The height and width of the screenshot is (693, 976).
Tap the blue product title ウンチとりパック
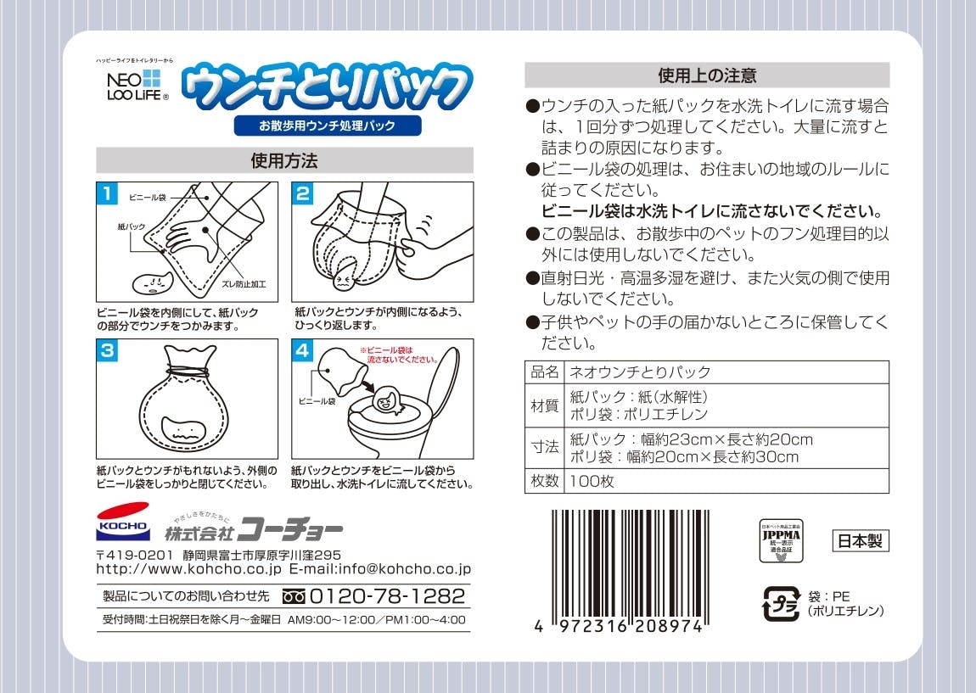pyautogui.click(x=328, y=87)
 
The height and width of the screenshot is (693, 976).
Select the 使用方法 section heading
pyautogui.click(x=284, y=160)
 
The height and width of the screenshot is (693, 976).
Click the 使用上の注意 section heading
pyautogui.click(x=707, y=75)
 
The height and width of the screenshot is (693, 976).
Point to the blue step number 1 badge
pyautogui.click(x=105, y=193)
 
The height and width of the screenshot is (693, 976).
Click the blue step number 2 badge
pyautogui.click(x=303, y=193)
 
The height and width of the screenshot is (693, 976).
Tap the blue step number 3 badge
pyautogui.click(x=105, y=351)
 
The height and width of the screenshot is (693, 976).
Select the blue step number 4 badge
pyautogui.click(x=303, y=351)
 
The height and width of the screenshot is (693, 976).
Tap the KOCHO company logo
pyautogui.click(x=123, y=523)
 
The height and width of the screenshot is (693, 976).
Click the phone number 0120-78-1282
pyautogui.click(x=387, y=595)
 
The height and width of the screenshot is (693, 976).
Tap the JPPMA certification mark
pyautogui.click(x=780, y=541)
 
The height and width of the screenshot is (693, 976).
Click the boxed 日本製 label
pyautogui.click(x=860, y=540)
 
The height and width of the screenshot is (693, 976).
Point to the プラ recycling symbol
pyautogui.click(x=781, y=604)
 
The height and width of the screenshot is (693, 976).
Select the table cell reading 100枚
pyautogui.click(x=592, y=481)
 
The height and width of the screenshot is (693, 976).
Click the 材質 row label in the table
pyautogui.click(x=545, y=406)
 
